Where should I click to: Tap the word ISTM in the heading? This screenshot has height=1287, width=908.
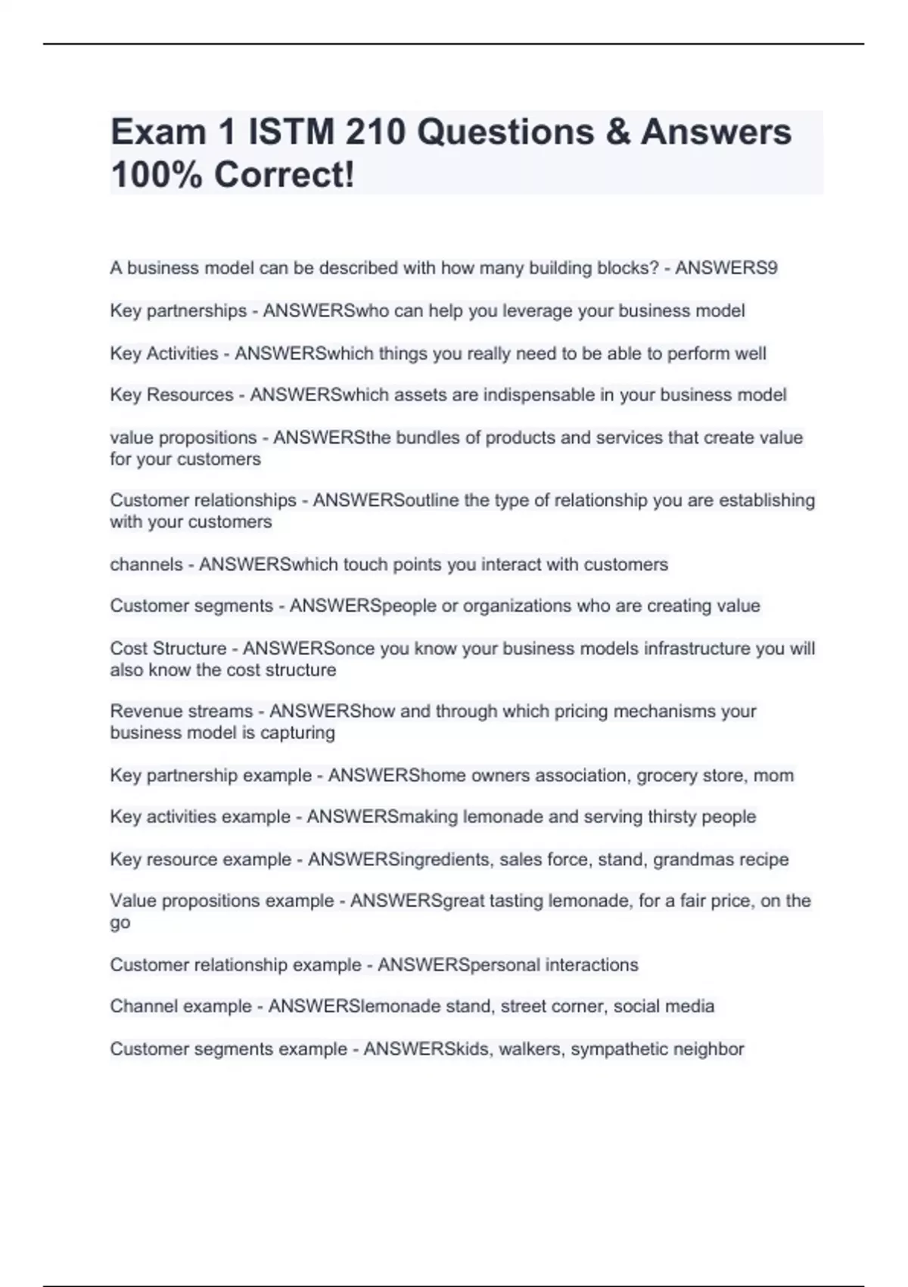pos(291,132)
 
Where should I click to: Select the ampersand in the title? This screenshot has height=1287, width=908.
pos(617,132)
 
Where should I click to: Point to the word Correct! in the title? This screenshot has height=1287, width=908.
pos(284,175)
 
